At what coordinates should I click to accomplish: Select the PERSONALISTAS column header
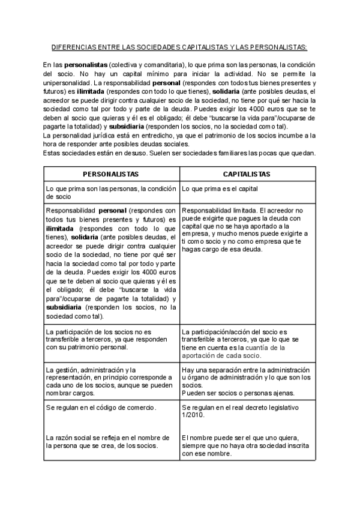(x=111, y=173)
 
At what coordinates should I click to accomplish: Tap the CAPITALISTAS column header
(x=247, y=173)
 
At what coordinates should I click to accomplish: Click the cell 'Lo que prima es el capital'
(x=220, y=188)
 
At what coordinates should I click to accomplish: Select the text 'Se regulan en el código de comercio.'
(x=101, y=408)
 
